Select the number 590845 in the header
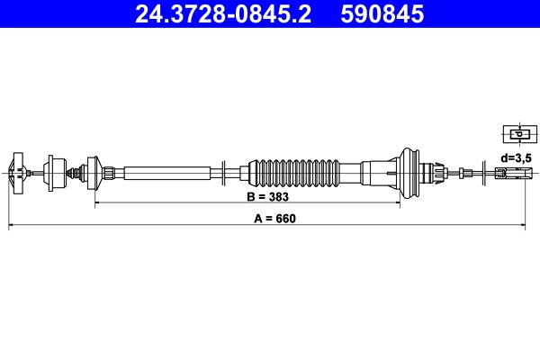[x=380, y=14]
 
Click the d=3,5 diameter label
[x=517, y=157]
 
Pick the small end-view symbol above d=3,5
[x=517, y=135]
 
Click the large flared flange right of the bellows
[x=410, y=172]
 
